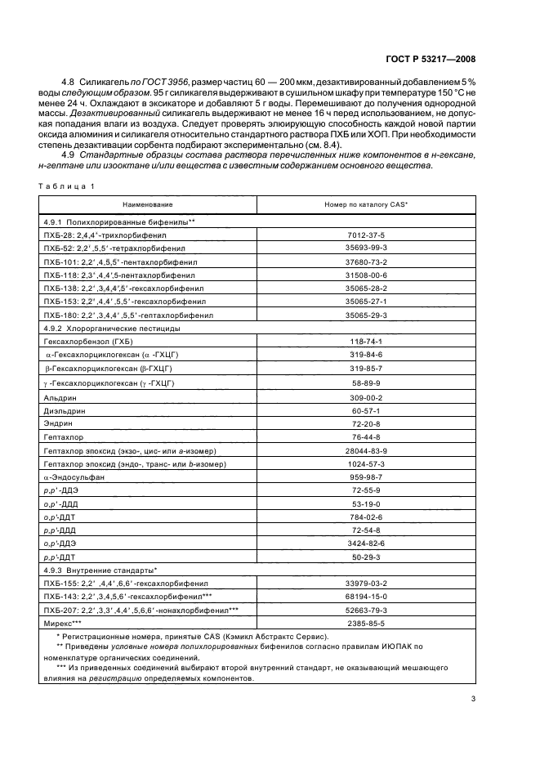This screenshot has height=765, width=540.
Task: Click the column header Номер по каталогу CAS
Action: (366, 204)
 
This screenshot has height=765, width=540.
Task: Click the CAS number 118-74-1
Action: (366, 340)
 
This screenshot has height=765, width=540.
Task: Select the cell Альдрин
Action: (59, 396)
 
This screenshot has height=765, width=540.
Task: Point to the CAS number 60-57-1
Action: (366, 410)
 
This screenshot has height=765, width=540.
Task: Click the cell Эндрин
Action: (57, 425)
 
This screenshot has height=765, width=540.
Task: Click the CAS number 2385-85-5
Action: (366, 623)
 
